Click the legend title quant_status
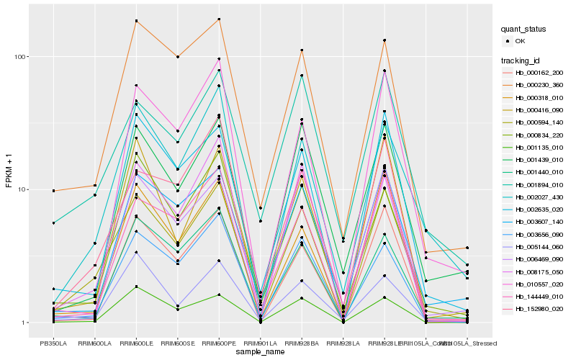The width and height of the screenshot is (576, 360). pyautogui.click(x=523, y=30)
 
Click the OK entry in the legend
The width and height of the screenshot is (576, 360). pyautogui.click(x=521, y=41)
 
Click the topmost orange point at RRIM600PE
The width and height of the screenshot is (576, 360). pyautogui.click(x=219, y=19)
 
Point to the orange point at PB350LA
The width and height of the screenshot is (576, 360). pyautogui.click(x=53, y=191)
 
